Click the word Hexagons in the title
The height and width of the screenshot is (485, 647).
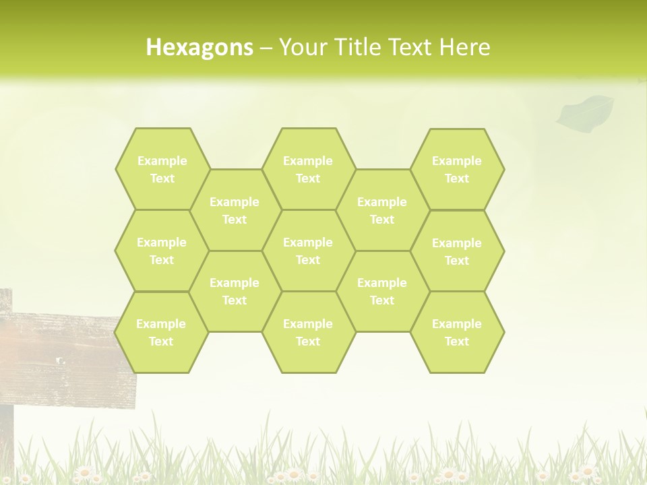pyautogui.click(x=199, y=47)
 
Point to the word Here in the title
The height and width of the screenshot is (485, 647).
pyautogui.click(x=465, y=47)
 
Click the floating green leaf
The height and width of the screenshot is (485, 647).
pyautogui.click(x=585, y=111)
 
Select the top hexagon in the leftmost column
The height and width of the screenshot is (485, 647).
pyautogui.click(x=162, y=169)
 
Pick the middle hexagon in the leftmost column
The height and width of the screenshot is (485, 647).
pyautogui.click(x=162, y=251)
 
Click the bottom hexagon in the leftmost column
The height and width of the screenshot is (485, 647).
pyautogui.click(x=161, y=332)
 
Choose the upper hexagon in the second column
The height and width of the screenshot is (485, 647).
pyautogui.click(x=235, y=210)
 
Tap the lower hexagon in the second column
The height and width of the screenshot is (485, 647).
pyautogui.click(x=235, y=291)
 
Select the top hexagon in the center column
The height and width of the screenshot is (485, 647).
pyautogui.click(x=308, y=169)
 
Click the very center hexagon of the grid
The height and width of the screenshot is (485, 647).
pyautogui.click(x=308, y=251)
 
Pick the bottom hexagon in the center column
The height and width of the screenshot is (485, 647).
pyautogui.click(x=308, y=332)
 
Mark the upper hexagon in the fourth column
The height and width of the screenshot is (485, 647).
pyautogui.click(x=382, y=210)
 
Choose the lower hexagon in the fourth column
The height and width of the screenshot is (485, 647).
pyautogui.click(x=382, y=291)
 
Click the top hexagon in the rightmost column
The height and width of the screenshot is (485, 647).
pyautogui.click(x=457, y=169)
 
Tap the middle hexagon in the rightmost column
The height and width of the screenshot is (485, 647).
pyautogui.click(x=457, y=251)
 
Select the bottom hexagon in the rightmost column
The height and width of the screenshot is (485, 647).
pyautogui.click(x=457, y=332)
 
